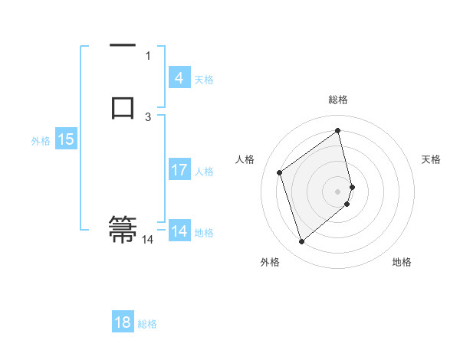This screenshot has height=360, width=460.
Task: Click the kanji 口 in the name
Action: click(123, 107)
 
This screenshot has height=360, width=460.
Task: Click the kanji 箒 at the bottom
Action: click(123, 230)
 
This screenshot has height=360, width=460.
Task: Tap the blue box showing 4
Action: click(179, 78)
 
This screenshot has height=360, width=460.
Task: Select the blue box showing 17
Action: click(179, 170)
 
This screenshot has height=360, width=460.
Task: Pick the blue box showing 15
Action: click(66, 139)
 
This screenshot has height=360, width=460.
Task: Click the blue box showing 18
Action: click(123, 322)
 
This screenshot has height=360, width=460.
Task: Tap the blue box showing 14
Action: click(179, 231)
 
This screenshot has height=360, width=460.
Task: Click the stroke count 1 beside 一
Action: click(148, 55)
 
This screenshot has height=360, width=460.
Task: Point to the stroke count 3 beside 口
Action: click(148, 116)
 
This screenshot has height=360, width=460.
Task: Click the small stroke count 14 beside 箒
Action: click(147, 240)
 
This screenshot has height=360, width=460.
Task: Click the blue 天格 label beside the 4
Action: click(204, 79)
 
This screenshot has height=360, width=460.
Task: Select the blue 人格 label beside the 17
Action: click(204, 171)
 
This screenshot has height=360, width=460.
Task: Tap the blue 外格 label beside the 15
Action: click(41, 140)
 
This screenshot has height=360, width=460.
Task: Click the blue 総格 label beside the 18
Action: click(147, 323)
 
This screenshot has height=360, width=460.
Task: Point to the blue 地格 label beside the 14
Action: click(204, 232)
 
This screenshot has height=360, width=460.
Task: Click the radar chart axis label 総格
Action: click(338, 100)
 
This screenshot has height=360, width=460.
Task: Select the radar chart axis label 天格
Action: click(431, 159)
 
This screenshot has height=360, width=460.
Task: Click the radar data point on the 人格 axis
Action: click(280, 172)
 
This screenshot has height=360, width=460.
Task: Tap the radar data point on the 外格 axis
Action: click(301, 242)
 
